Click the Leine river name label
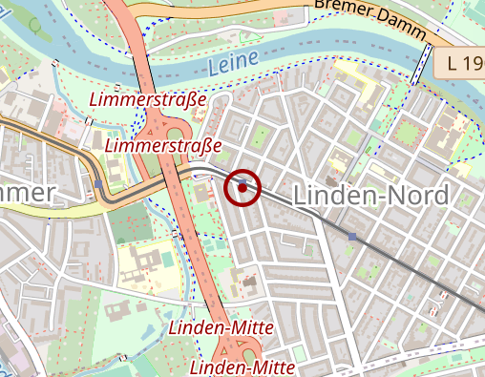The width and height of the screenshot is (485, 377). tap(231, 65)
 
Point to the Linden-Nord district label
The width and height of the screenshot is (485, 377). tap(370, 195)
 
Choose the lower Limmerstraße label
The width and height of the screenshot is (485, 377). tap(163, 145)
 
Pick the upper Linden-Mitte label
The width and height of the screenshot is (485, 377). tap(221, 327)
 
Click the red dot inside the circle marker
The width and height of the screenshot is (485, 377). tap(243, 188)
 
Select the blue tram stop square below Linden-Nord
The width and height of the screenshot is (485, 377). tap(352, 235)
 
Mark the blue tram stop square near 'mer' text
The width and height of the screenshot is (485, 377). tap(99, 183)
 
